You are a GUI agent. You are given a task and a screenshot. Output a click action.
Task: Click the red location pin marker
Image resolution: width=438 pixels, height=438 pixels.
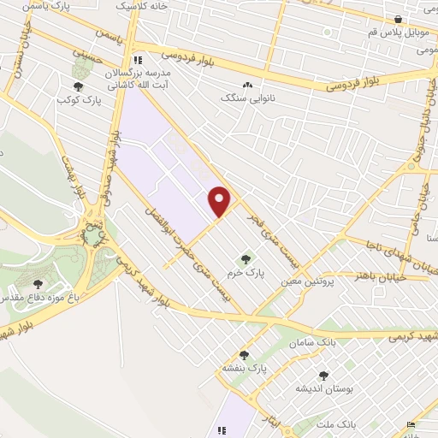[220, 201]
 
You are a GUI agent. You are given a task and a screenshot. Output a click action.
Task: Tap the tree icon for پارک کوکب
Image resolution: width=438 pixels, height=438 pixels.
[79, 86]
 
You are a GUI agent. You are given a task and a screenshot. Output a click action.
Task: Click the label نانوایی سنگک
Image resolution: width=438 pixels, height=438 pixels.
[249, 98]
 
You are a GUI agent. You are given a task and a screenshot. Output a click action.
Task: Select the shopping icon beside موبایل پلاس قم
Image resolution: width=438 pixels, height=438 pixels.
[398, 20]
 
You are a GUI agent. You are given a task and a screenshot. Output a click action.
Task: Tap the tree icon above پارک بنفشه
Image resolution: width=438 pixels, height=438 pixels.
[244, 354]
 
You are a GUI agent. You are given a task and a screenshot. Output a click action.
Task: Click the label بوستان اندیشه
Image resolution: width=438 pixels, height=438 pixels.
[324, 388]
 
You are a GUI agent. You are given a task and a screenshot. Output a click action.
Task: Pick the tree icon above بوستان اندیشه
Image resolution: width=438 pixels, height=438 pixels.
[323, 375]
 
